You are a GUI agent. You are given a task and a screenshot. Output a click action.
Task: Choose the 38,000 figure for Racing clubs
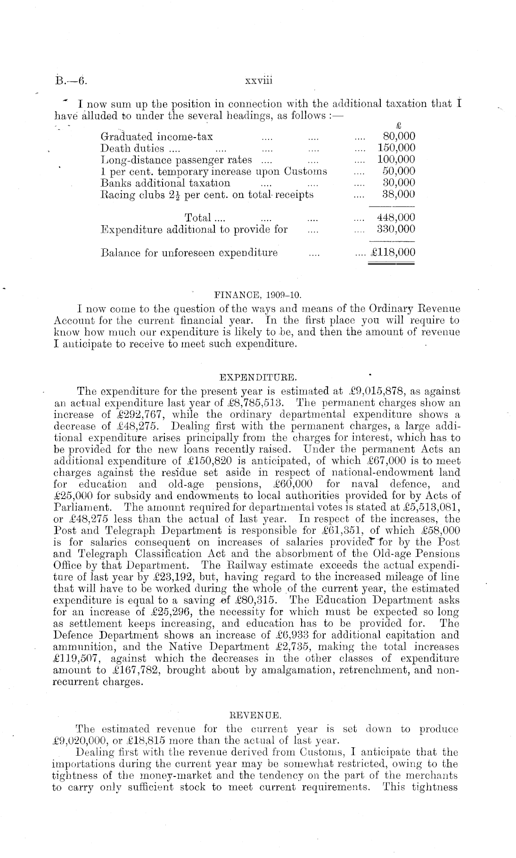tap(399, 195)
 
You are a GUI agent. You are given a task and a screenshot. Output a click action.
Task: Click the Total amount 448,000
tap(396, 217)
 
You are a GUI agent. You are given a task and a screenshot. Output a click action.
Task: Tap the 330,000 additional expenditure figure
tap(396, 229)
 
